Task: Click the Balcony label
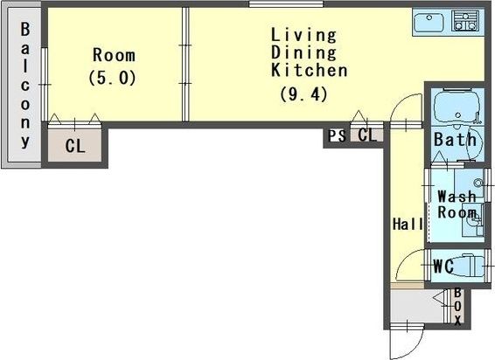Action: (25, 85)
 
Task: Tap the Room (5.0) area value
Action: (113, 78)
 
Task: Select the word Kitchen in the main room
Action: (310, 70)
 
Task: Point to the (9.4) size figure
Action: (303, 94)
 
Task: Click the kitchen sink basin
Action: (429, 23)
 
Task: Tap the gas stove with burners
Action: (464, 21)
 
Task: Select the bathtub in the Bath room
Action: (457, 107)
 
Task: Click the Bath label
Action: (455, 140)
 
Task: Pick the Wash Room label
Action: (457, 204)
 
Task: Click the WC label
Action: (443, 267)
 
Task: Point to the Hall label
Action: (408, 225)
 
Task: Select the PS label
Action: (337, 136)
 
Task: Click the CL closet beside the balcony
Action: (75, 146)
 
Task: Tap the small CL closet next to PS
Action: (367, 135)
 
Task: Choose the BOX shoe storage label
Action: (457, 307)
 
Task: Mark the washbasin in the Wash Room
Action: (472, 221)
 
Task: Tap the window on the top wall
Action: (286, 3)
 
